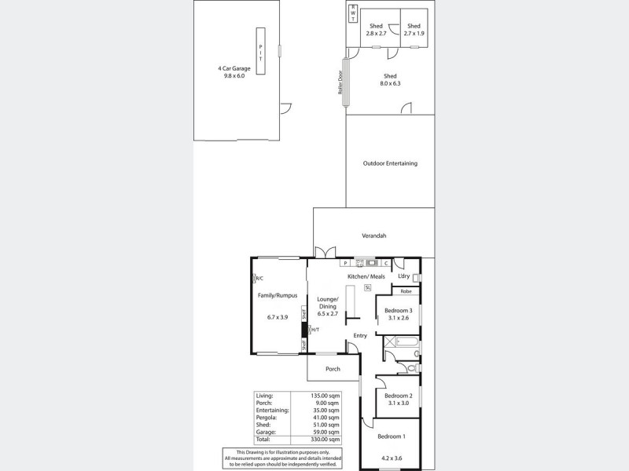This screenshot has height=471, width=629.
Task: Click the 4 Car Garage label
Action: [x=235, y=68]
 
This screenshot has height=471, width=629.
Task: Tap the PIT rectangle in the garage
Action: [x=261, y=51]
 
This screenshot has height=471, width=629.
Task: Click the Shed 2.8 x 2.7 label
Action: [x=376, y=30]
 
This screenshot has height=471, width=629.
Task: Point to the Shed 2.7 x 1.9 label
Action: [x=414, y=30]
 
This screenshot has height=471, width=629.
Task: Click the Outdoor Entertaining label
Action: [x=390, y=163]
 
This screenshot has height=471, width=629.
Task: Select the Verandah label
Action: [x=373, y=235]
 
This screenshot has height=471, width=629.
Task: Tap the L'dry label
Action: [x=404, y=276]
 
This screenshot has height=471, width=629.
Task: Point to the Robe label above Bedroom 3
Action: [x=406, y=291]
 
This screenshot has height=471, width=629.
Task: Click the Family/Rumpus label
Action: [x=278, y=295]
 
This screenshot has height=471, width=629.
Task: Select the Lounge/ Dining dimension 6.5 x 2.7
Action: [x=327, y=314]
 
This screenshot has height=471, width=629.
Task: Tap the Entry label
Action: [x=360, y=336]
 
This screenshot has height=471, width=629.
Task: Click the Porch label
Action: [x=333, y=368]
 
